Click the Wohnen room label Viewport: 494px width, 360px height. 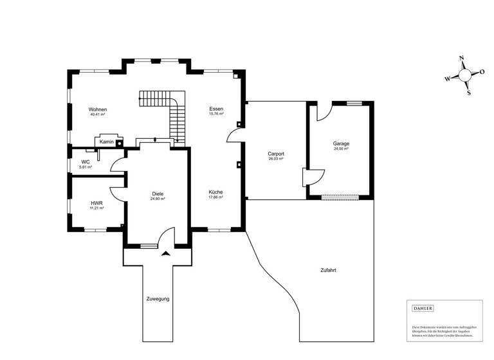tap(98, 109)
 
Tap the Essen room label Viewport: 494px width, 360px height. tap(216, 109)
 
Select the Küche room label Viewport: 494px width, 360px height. tap(215, 192)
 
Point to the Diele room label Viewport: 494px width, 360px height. tap(158, 194)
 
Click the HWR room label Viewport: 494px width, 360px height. tap(96, 203)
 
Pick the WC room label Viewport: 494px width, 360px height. tap(85, 161)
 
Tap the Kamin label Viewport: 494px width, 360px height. tap(107, 141)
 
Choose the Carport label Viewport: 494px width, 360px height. tap(276, 154)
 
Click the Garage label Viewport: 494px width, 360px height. tap(340, 143)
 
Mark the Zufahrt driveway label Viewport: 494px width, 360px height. tap(328, 270)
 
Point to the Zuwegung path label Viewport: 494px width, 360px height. tap(158, 299)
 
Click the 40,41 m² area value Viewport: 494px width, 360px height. tap(98, 114)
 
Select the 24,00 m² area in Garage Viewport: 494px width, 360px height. tap(340, 148)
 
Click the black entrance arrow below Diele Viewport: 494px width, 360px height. tap(166, 254)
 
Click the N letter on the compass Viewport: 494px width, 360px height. tap(461, 59)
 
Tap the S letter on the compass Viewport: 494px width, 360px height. tap(469, 93)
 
